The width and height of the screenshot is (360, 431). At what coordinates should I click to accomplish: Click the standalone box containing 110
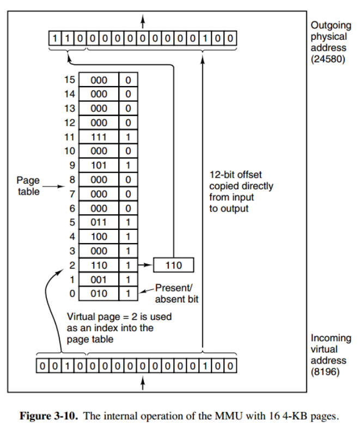[x=174, y=265]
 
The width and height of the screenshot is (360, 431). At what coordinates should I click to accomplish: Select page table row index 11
[x=69, y=137]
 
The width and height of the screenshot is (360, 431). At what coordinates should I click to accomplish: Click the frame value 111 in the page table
[x=99, y=137]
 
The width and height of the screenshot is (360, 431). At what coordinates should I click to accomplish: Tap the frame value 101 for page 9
[x=99, y=165]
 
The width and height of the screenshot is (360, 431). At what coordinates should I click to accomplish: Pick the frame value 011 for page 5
[x=99, y=222]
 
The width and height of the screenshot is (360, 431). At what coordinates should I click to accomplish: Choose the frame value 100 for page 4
[x=99, y=237]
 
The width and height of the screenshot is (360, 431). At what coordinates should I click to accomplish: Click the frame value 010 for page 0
[x=99, y=294]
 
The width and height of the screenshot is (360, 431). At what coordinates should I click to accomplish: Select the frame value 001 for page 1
[x=99, y=280]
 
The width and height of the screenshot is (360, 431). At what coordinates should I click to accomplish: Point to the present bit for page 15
[x=128, y=80]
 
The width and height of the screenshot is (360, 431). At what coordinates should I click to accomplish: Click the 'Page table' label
[x=28, y=185]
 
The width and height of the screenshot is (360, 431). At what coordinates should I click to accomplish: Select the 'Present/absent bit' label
[x=176, y=293]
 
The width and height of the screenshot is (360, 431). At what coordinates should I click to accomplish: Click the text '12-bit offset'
[x=235, y=174]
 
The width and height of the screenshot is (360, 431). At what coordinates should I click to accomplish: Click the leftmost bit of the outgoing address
[x=54, y=39]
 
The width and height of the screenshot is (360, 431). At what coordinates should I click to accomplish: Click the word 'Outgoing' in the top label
[x=331, y=25]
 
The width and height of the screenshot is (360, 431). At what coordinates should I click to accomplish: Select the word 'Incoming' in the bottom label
[x=331, y=338]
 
